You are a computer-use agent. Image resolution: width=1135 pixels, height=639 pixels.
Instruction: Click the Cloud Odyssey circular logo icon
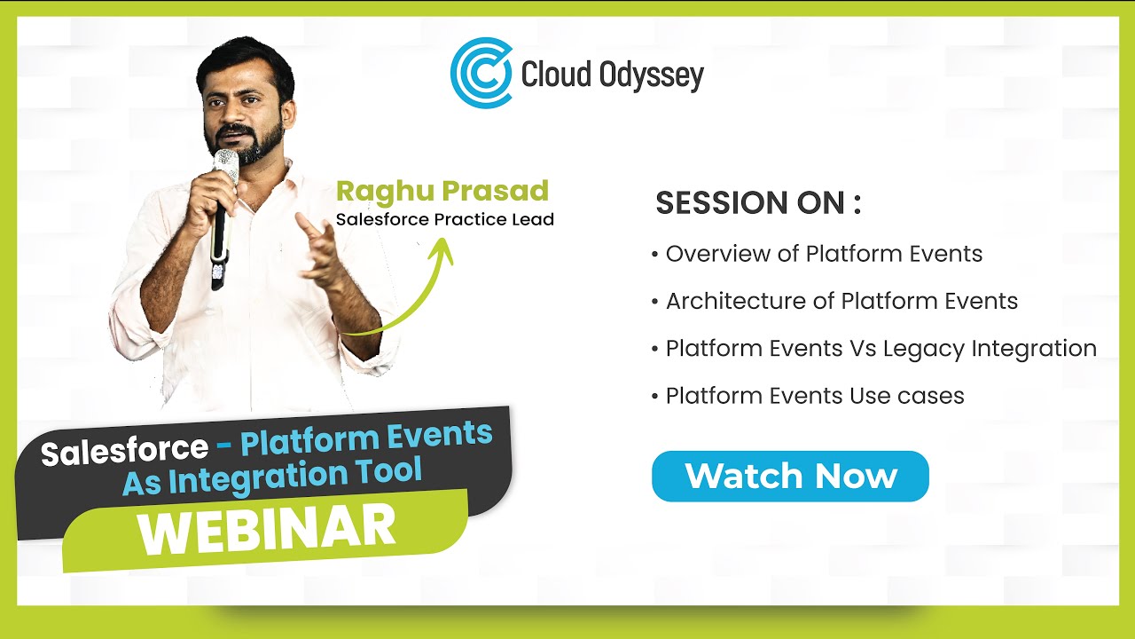tap(481, 73)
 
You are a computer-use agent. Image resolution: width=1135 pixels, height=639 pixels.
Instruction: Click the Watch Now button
tap(790, 477)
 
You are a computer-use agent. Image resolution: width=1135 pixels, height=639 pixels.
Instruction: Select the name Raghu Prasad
tap(442, 191)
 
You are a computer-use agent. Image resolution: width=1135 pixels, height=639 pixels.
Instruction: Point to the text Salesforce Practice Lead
tap(444, 219)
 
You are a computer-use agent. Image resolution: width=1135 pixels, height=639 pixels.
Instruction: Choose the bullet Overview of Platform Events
tap(823, 254)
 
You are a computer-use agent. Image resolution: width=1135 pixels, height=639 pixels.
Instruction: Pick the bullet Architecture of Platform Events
tap(841, 301)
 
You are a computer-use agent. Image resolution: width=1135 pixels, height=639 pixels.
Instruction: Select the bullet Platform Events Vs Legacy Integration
tap(880, 348)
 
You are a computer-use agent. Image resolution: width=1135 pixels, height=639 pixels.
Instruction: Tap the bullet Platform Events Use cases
tap(814, 395)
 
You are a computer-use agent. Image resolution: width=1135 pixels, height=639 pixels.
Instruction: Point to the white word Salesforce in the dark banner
tap(124, 450)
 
